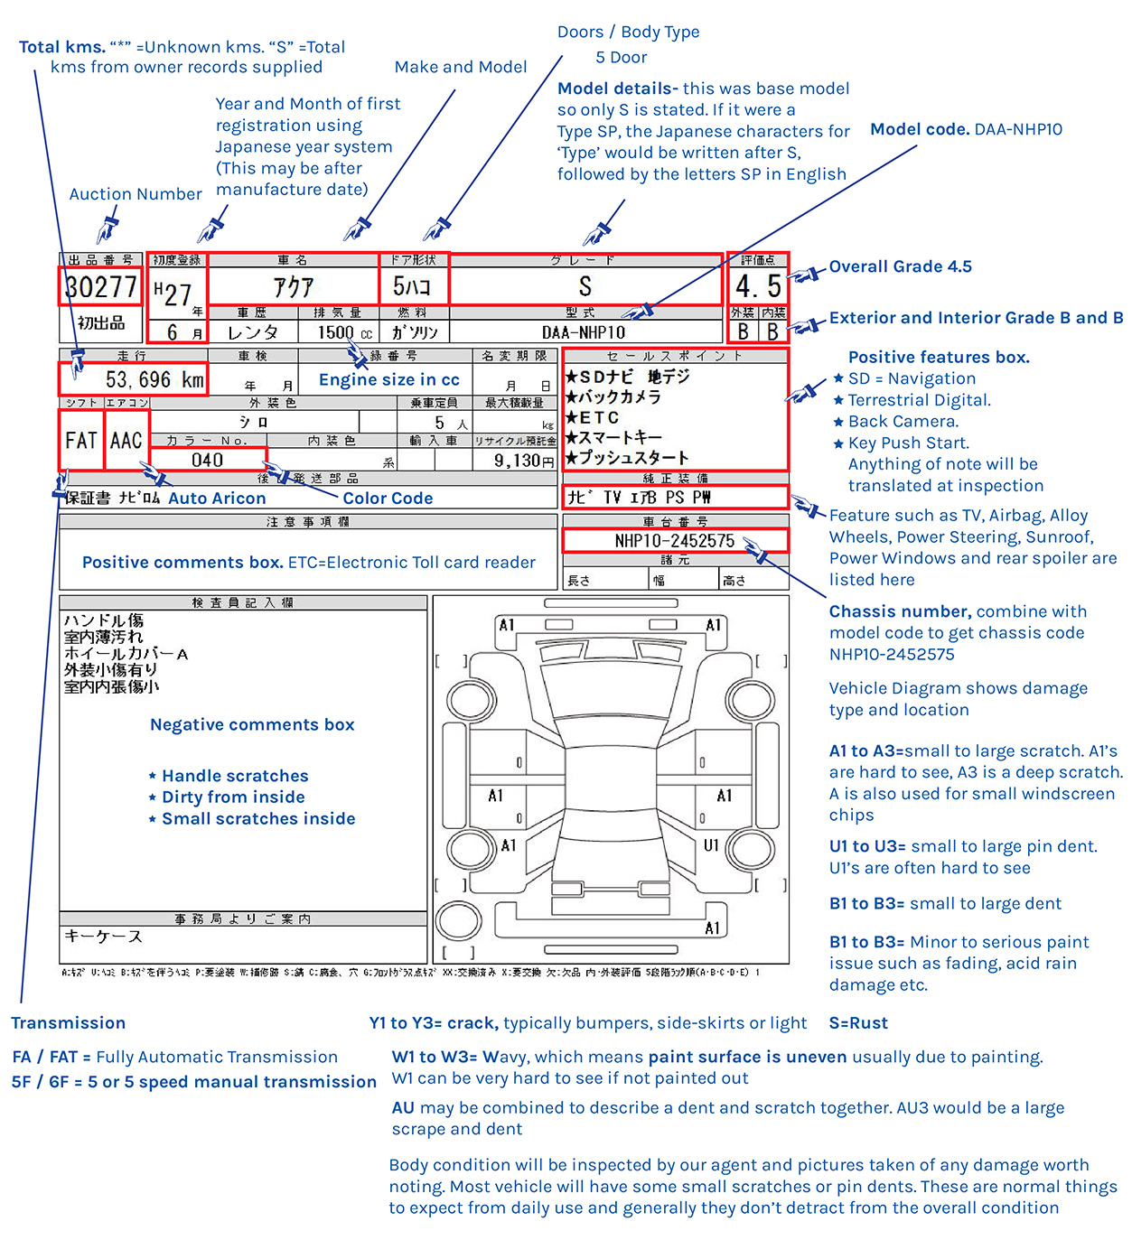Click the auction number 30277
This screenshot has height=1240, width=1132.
click(101, 287)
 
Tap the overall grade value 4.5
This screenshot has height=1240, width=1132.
click(758, 286)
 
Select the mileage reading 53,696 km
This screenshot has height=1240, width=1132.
click(154, 379)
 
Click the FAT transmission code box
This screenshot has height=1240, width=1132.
click(81, 440)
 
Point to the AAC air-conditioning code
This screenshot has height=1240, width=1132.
click(126, 440)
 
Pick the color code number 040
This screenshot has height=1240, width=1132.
click(208, 460)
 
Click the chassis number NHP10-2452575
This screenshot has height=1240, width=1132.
click(675, 540)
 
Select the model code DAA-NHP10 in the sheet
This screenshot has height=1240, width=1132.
click(584, 332)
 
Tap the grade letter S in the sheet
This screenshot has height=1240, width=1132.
click(585, 287)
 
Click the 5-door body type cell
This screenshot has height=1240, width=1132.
click(413, 287)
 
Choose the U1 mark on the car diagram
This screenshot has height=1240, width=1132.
click(712, 845)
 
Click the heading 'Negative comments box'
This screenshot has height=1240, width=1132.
click(252, 724)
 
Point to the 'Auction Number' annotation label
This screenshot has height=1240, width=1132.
click(136, 194)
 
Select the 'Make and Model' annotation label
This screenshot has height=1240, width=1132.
click(461, 67)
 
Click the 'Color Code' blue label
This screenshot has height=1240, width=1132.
click(388, 498)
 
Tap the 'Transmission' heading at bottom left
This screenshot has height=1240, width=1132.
click(69, 1022)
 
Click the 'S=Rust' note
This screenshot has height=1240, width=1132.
click(858, 1022)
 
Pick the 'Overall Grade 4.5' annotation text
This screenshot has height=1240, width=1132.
click(901, 266)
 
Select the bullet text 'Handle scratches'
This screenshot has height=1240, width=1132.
click(235, 776)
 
